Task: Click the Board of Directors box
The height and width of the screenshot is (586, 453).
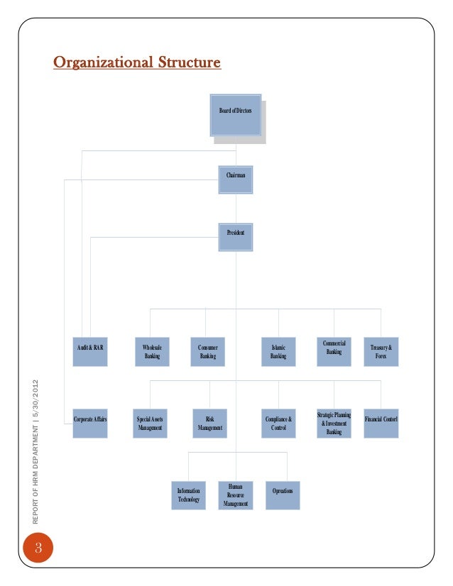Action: [x=235, y=115]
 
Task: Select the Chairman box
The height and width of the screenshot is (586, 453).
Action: [x=235, y=179]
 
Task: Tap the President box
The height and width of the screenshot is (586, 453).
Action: [x=235, y=237]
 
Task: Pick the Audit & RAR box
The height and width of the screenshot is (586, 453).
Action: [x=90, y=352]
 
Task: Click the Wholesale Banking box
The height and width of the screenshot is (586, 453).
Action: [x=151, y=352]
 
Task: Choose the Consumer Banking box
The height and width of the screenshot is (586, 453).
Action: [x=207, y=352]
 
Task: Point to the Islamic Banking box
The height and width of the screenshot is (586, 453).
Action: [x=278, y=352]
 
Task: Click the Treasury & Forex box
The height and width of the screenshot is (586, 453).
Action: [x=381, y=352]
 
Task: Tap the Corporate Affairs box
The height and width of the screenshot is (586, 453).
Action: [x=90, y=424]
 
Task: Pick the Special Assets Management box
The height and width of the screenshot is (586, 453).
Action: [x=150, y=424]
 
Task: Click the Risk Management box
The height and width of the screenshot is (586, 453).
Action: [x=209, y=424]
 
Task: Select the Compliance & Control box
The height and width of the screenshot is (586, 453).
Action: [x=278, y=424]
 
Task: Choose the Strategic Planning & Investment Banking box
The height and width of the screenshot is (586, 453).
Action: [x=334, y=424]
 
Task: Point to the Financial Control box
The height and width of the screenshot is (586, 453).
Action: [x=381, y=424]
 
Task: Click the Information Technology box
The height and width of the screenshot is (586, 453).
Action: [x=188, y=495]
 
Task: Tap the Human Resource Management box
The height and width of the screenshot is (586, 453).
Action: [x=235, y=495]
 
